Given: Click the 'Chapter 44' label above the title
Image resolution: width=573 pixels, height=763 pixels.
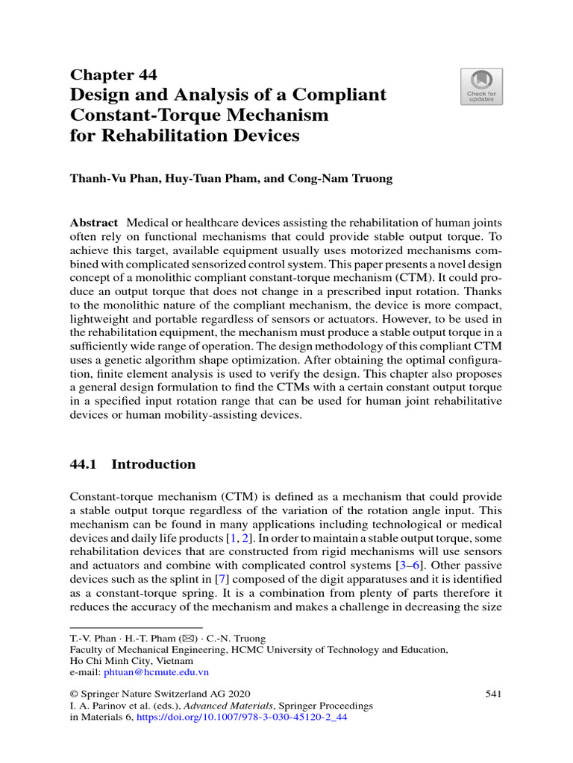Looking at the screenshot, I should pos(113,74).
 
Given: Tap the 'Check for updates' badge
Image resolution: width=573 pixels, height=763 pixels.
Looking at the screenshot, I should pos(481,86).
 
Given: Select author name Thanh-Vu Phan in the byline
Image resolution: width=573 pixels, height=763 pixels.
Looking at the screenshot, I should pos(114,178).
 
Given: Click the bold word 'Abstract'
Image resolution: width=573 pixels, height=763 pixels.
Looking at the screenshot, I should pos(93,223).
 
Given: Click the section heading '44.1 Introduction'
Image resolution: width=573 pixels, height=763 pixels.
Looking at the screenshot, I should pos(132,464).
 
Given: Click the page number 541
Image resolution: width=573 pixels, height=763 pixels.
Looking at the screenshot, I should pos(492,694).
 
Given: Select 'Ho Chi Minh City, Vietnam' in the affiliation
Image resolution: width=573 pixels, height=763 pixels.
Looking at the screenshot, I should pos(131,660).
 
